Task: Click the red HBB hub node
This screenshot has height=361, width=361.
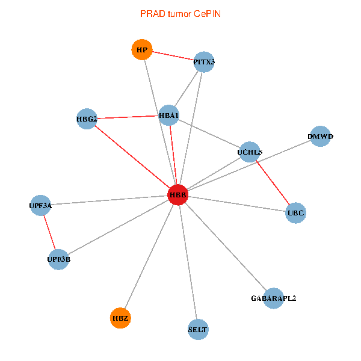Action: point(177,195)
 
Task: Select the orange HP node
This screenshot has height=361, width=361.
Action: point(142,49)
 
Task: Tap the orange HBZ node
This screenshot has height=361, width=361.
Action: point(120,317)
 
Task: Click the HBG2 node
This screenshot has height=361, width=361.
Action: point(87,119)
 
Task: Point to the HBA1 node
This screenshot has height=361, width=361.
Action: point(169,115)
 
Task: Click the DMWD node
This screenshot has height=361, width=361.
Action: point(320,137)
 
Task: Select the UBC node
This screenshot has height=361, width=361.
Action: point(295,212)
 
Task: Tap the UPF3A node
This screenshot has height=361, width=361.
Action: point(40,205)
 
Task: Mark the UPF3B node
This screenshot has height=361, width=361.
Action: point(58,259)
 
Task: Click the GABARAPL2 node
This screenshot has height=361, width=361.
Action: point(273,298)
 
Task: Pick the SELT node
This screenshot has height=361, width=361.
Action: point(198,329)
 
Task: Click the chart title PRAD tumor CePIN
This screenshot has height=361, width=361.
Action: point(180,13)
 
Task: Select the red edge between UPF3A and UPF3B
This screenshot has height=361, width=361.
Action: point(49,232)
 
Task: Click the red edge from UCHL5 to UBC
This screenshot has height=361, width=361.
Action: point(273,182)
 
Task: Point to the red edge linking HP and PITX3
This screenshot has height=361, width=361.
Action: point(173,55)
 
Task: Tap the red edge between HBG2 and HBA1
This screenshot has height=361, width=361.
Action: point(128,117)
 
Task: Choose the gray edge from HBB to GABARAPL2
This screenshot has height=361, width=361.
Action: point(225,246)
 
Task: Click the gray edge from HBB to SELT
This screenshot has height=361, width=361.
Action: point(188,262)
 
